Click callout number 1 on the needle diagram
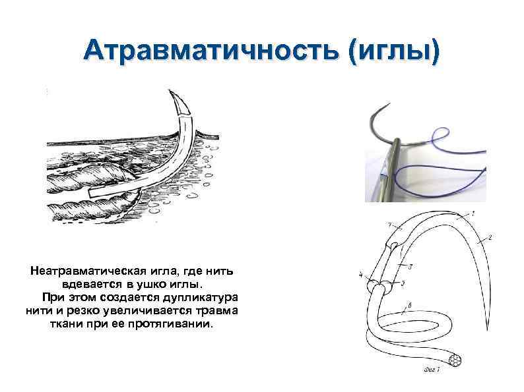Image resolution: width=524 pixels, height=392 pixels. [x=473, y=212]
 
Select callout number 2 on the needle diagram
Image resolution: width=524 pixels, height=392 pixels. [x=490, y=236]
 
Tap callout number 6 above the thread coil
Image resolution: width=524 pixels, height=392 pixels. [x=410, y=304]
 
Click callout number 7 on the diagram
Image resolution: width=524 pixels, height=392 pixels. [x=390, y=225]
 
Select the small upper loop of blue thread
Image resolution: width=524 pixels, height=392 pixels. [x=437, y=138]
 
